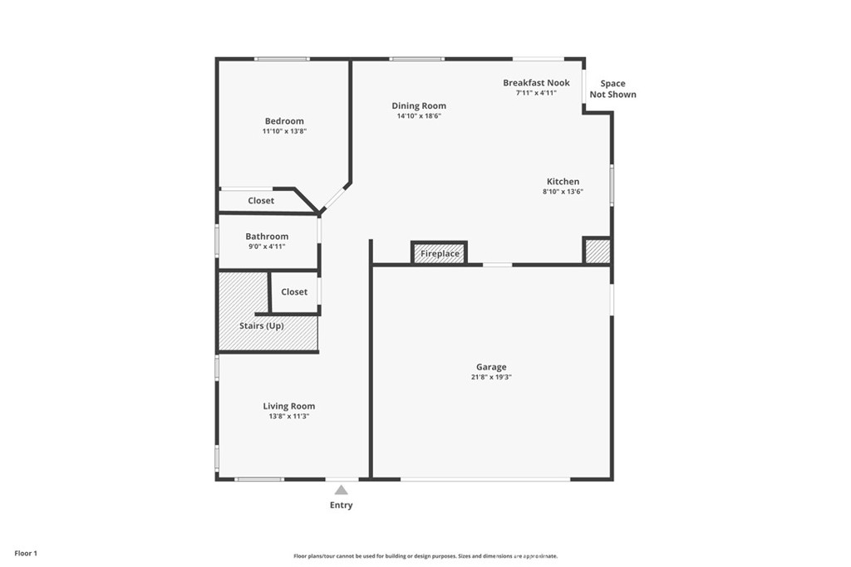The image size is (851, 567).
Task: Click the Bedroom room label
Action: tap(284, 121)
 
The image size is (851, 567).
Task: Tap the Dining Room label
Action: tap(419, 105)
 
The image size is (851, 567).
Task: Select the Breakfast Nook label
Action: tap(536, 83)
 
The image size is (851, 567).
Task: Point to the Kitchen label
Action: tap(563, 182)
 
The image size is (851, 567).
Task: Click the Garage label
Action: tap(491, 367)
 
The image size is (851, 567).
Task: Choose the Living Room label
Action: tap(289, 406)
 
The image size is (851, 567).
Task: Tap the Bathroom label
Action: tap(267, 237)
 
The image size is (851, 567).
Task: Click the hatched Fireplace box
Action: tap(440, 252)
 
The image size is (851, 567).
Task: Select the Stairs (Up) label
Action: tap(262, 326)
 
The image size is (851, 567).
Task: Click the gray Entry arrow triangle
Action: tap(341, 490)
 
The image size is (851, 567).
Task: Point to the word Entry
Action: tap(341, 506)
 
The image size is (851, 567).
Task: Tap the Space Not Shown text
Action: tap(612, 89)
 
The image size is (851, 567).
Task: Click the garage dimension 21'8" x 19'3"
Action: tap(491, 378)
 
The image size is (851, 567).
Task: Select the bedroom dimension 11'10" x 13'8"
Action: tap(284, 131)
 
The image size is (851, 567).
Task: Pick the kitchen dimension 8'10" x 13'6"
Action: tap(563, 192)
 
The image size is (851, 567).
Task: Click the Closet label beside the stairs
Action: tap(294, 292)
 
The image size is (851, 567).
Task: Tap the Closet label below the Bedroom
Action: tap(261, 201)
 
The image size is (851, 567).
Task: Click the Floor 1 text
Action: tap(25, 553)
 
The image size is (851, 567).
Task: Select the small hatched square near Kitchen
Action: tap(597, 252)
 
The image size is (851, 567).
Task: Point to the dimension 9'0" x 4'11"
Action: tap(267, 247)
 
